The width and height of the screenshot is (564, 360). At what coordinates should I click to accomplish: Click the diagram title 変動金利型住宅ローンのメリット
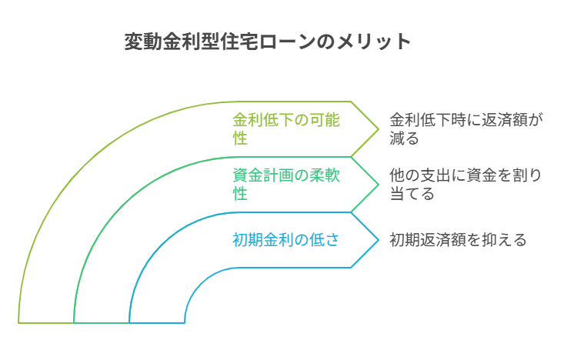point(267,42)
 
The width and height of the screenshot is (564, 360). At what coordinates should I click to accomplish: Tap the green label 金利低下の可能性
point(286,129)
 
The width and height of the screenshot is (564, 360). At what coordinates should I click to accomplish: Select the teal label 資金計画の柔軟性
point(286,185)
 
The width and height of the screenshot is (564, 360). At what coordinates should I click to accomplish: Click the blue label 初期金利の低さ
point(285,240)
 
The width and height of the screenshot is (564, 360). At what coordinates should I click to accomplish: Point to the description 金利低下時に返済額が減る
point(466,129)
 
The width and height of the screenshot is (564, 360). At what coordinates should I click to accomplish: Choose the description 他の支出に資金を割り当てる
point(466,185)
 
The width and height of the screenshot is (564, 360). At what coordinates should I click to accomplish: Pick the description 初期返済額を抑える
point(458,240)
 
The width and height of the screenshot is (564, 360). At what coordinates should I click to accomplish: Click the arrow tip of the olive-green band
point(379,129)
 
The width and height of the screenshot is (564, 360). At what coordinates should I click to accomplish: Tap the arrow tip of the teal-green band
point(379,185)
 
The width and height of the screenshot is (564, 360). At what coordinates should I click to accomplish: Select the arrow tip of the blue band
point(379,240)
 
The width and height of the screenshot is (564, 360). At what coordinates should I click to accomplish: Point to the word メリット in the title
point(373,42)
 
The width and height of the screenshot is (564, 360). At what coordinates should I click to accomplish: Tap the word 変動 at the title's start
point(143,42)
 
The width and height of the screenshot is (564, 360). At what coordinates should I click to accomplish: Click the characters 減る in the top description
point(404,138)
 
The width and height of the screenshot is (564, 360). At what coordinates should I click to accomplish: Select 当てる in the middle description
point(412,194)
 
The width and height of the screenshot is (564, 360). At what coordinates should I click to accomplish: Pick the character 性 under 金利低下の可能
point(240,138)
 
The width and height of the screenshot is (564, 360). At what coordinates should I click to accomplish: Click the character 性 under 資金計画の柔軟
point(240,194)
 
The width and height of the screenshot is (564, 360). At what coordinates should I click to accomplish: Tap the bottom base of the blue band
point(157,322)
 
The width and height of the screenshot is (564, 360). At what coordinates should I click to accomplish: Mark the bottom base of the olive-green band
point(46,322)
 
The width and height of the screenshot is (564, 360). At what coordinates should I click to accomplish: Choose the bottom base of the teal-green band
point(102,322)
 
